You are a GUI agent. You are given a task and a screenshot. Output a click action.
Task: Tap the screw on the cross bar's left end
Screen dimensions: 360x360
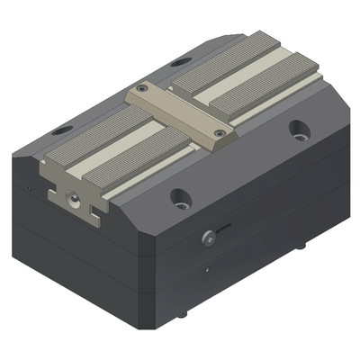tap(142, 90)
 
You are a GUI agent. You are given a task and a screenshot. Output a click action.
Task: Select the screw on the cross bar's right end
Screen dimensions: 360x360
tap(221, 134)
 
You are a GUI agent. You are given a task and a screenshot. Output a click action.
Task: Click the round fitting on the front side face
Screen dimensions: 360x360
tap(210, 237)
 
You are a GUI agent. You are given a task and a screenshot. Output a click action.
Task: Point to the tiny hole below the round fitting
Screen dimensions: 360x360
tap(208, 269)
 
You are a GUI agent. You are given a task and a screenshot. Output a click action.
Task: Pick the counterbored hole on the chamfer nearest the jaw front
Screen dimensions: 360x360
tap(180, 196)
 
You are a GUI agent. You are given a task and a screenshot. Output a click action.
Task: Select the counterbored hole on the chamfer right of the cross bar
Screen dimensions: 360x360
tap(297, 130)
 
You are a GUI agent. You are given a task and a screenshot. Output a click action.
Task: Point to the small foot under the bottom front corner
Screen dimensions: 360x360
tap(183, 314)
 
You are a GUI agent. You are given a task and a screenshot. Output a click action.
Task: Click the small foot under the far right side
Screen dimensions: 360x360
tap(301, 245)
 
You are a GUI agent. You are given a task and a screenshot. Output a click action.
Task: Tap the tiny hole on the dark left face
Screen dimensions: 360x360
tap(30, 188)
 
